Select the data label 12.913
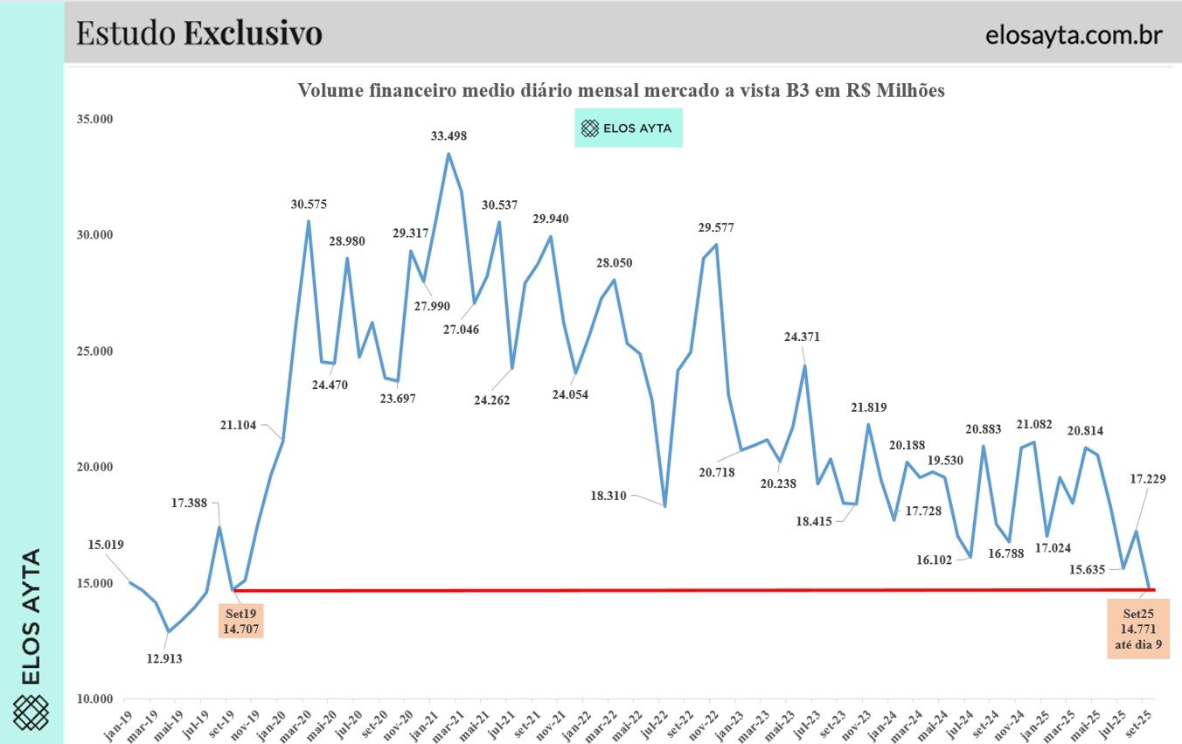[164, 658]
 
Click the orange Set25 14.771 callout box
[1137, 628]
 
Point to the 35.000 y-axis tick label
[96, 120]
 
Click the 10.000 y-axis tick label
[96, 699]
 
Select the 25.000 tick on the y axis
[96, 351]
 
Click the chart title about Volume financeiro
[621, 91]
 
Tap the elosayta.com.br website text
[1073, 35]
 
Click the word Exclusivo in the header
[253, 32]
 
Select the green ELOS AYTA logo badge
[628, 129]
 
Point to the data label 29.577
[716, 227]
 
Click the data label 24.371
[803, 337]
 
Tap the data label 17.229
[1148, 478]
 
